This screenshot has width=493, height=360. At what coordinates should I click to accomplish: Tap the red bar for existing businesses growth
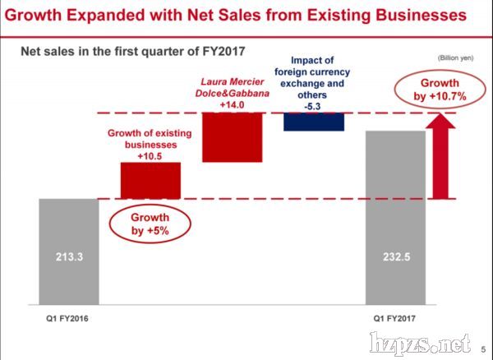tap(150, 180)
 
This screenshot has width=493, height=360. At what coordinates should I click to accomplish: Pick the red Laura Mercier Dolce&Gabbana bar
tap(233, 136)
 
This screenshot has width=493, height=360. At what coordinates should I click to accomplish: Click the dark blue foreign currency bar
tap(313, 122)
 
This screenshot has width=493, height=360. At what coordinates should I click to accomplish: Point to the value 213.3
tap(68, 257)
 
